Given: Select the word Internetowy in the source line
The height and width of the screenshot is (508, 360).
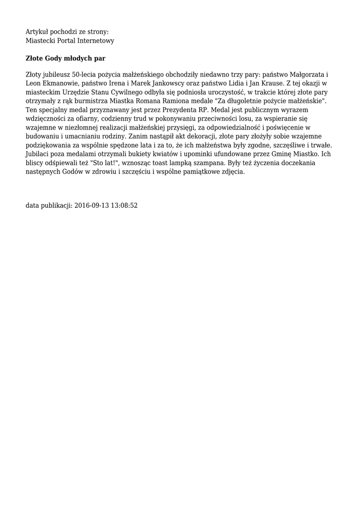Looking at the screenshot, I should click(x=96, y=41).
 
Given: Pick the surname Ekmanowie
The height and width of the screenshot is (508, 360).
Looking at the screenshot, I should click(x=60, y=83).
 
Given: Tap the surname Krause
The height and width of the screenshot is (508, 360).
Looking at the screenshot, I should click(x=271, y=83).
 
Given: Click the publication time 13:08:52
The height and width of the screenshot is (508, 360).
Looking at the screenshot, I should click(x=125, y=205).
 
